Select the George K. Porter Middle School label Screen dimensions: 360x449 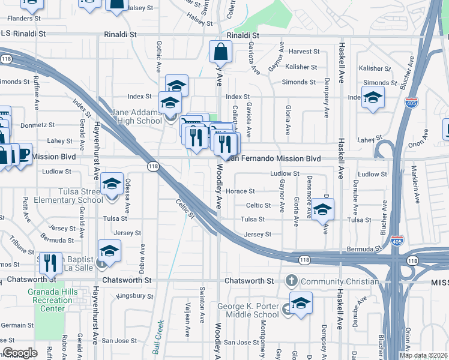pos(249,310)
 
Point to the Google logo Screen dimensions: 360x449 pos(20,353)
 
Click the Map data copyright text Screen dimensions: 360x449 pos(423,355)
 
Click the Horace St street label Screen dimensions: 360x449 pos(244,191)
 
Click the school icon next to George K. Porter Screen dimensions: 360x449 pos(301,304)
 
